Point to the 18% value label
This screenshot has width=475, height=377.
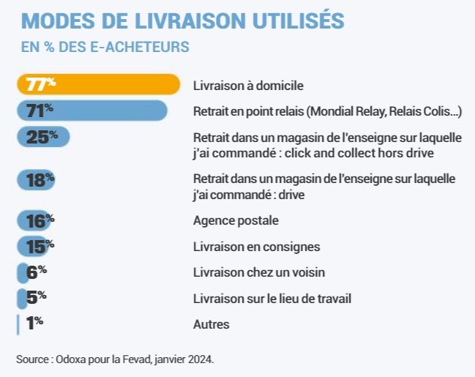click(x=41, y=179)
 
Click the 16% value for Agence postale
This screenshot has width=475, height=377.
click(x=40, y=220)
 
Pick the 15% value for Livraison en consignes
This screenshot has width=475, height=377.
click(x=40, y=247)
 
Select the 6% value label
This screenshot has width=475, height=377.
click(x=36, y=272)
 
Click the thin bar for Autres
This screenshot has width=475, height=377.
click(x=18, y=324)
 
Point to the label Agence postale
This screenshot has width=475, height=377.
click(x=236, y=220)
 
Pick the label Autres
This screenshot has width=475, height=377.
click(x=211, y=324)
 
